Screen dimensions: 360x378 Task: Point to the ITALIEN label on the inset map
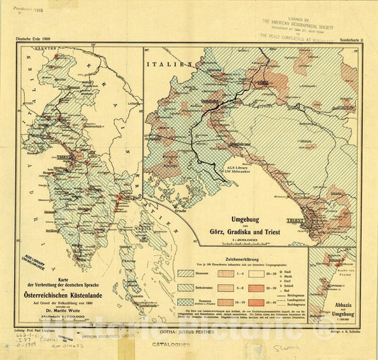click(170, 64)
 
